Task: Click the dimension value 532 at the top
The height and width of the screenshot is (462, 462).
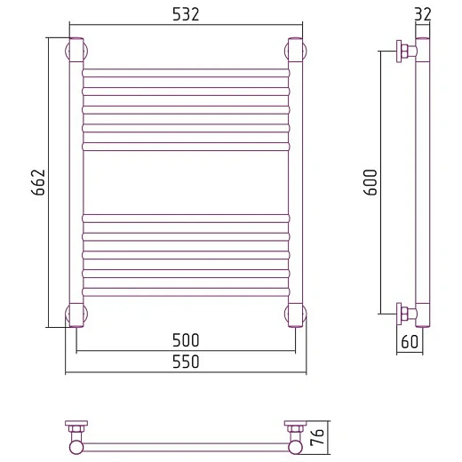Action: [x=186, y=14]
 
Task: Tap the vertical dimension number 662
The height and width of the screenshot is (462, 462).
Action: [x=38, y=182]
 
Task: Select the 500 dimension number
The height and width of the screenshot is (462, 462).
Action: [x=186, y=340]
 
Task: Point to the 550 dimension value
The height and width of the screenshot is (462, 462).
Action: [x=186, y=362]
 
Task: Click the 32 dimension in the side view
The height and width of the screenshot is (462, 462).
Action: [x=423, y=14]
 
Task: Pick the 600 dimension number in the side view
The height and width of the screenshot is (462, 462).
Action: [x=370, y=182]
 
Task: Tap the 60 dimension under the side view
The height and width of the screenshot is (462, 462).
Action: [x=410, y=341]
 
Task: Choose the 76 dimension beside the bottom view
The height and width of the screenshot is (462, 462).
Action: [x=317, y=437]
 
